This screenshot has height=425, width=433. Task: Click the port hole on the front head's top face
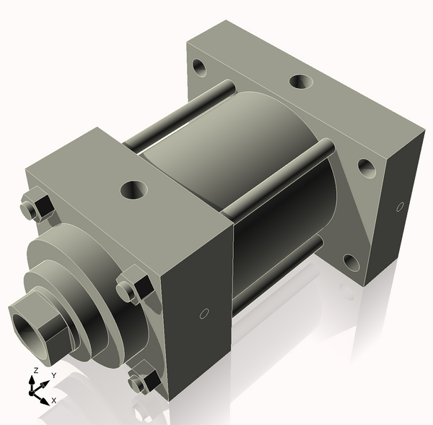134,191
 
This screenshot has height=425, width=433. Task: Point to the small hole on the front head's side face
204,314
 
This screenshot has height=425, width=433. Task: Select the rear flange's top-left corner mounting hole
200,70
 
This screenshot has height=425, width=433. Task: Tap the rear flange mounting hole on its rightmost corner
368,170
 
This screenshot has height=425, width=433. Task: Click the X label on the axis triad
55,400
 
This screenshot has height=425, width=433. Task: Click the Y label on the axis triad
53,376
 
